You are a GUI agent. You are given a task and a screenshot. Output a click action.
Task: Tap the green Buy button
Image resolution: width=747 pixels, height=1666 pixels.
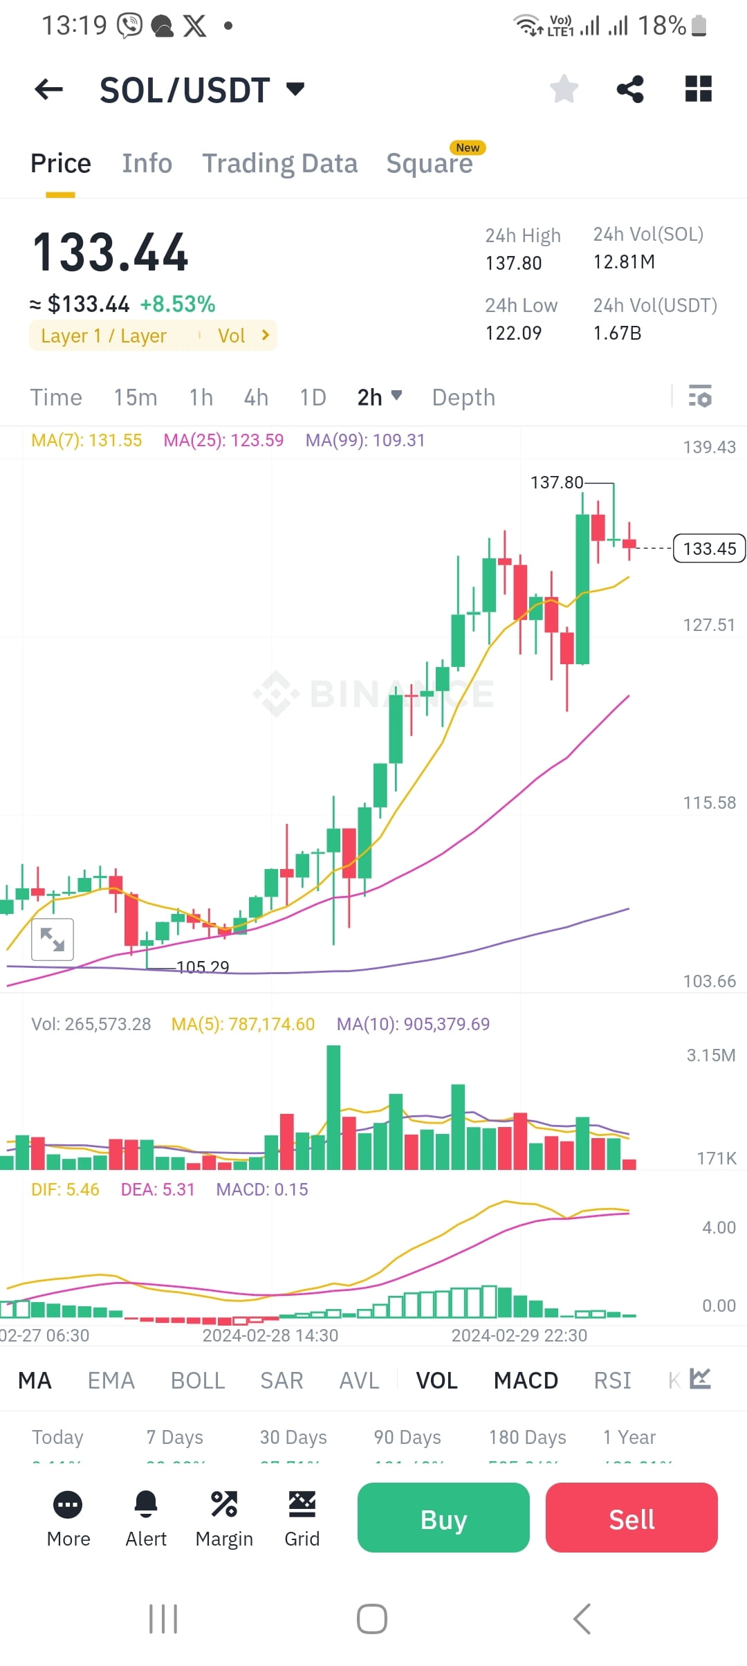pyautogui.click(x=443, y=1518)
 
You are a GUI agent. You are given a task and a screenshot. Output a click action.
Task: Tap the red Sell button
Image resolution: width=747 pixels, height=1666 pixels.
pyautogui.click(x=631, y=1518)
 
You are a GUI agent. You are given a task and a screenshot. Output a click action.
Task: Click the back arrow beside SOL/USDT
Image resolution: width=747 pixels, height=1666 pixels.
pyautogui.click(x=48, y=89)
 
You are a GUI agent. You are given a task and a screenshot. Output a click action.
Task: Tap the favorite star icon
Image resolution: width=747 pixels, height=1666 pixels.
pyautogui.click(x=564, y=89)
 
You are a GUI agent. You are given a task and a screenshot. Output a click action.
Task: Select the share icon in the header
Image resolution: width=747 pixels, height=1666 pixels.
pyautogui.click(x=629, y=89)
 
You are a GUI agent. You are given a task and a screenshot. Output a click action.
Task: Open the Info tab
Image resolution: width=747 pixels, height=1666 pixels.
pyautogui.click(x=147, y=163)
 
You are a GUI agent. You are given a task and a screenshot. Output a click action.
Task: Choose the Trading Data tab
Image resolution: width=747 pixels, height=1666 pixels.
pyautogui.click(x=279, y=163)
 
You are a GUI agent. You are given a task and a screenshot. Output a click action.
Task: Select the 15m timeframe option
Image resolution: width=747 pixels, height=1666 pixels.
pyautogui.click(x=136, y=398)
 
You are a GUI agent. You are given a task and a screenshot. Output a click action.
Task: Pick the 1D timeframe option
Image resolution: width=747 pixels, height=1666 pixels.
pyautogui.click(x=313, y=398)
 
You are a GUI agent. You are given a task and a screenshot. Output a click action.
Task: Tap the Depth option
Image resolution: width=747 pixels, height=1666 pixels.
pyautogui.click(x=463, y=398)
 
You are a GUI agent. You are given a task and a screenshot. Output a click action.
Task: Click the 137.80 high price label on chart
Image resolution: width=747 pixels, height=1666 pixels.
pyautogui.click(x=556, y=482)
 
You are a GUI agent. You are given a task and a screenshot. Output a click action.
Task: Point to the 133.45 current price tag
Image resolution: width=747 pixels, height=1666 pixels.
pyautogui.click(x=709, y=549)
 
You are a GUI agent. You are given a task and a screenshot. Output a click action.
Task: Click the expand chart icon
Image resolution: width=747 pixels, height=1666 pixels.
pyautogui.click(x=53, y=940)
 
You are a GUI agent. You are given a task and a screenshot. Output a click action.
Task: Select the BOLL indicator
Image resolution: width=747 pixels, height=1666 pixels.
pyautogui.click(x=198, y=1381)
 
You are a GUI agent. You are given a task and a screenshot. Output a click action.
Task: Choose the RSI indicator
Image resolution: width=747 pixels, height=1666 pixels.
pyautogui.click(x=612, y=1381)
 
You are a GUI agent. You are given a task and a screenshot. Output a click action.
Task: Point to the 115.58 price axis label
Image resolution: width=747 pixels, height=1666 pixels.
pyautogui.click(x=709, y=803)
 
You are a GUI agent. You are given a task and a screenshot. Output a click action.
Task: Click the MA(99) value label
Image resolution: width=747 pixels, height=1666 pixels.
pyautogui.click(x=365, y=441)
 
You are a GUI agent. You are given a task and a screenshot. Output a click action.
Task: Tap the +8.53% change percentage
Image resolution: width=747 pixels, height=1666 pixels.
pyautogui.click(x=178, y=304)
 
